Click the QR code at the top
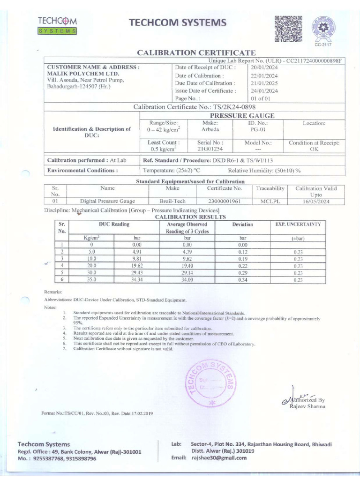tap(288, 29)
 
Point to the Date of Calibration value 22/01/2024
tap(264, 75)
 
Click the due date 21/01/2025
tap(264, 83)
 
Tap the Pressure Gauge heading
tap(242, 115)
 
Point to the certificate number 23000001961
tap(225, 201)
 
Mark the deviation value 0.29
tap(242, 272)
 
